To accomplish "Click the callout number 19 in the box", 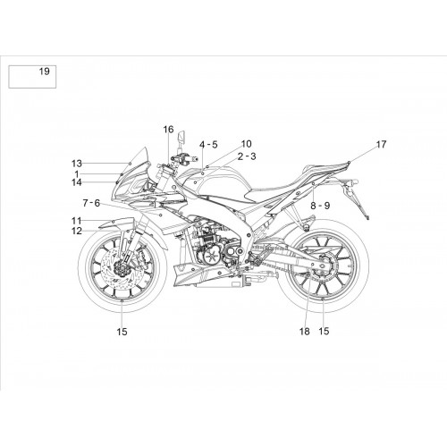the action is point(45,72).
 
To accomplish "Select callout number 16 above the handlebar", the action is point(168,130).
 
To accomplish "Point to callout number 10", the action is point(246,144).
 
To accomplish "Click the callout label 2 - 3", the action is point(247,156).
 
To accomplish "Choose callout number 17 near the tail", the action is point(381,145).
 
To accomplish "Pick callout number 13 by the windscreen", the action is point(77,164).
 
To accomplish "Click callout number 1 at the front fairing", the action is point(77,173).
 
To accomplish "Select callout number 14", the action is point(77,182).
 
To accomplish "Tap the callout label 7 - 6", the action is point(91,203).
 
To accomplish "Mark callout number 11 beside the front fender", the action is point(77,221).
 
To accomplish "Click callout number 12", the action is point(77,231).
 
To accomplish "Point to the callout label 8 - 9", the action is point(320,206).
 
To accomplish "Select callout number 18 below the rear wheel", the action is point(305,331).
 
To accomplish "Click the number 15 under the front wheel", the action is point(122,332).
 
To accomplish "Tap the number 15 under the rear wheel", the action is point(324,331).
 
